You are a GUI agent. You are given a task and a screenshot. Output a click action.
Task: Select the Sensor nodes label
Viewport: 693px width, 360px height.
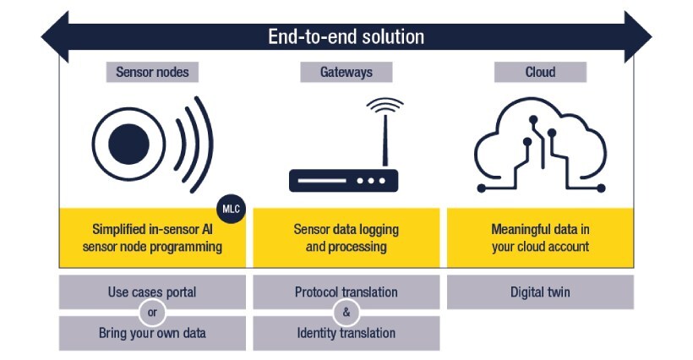tap(152, 72)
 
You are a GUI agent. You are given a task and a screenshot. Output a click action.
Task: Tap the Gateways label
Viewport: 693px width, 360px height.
tap(346, 72)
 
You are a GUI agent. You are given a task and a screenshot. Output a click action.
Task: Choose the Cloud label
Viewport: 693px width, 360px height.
tap(540, 72)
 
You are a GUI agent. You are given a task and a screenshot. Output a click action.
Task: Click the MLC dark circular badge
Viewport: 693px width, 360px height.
tap(231, 208)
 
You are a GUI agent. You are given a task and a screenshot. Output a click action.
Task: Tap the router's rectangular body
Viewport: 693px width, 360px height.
tap(343, 180)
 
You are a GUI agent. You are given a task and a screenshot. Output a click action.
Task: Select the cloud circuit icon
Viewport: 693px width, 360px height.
tap(540, 144)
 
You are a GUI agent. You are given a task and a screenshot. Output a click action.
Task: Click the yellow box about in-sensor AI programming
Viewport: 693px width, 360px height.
tap(152, 237)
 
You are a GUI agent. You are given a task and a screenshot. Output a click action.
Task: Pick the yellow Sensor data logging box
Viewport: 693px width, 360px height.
tap(346, 237)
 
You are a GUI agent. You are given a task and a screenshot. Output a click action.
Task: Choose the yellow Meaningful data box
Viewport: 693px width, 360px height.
tap(540, 237)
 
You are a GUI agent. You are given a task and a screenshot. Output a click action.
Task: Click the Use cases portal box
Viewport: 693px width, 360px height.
tap(152, 292)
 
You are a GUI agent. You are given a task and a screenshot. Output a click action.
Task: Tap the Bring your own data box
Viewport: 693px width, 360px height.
tap(152, 333)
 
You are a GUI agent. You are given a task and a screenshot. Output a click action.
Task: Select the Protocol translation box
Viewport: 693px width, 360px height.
tap(346, 292)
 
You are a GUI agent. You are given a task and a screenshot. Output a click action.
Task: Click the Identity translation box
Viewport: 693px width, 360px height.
tap(346, 333)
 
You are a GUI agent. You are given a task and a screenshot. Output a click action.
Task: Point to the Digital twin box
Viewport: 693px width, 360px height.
tap(540, 292)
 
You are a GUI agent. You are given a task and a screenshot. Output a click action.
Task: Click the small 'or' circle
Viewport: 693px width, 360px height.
tap(153, 313)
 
